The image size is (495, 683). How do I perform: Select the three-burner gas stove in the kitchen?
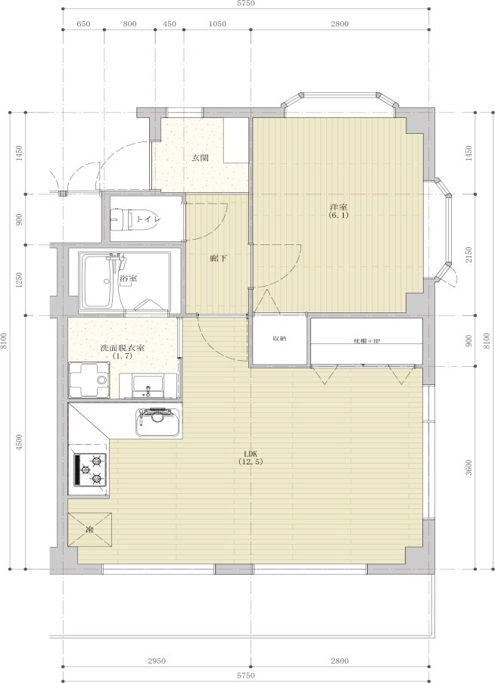click(91, 470)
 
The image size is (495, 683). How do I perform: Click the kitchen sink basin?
click(157, 421)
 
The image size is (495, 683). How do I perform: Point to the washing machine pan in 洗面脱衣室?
click(89, 380)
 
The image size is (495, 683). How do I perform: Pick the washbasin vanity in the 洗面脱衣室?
click(148, 386)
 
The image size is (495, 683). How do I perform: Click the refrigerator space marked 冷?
click(90, 529)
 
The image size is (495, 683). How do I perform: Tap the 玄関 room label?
click(201, 157)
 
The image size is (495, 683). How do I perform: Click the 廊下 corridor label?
click(218, 259)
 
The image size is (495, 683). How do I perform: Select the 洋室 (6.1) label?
click(338, 211)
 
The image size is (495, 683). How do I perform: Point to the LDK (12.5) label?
click(251, 458)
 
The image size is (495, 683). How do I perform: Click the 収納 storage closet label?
click(279, 338)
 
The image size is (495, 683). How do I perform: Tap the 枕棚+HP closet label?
click(366, 340)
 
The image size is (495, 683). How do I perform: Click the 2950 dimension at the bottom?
click(157, 661)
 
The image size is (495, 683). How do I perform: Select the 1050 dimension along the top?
click(217, 24)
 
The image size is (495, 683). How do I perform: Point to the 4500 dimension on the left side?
click(18, 442)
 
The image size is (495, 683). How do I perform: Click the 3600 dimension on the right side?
click(469, 467)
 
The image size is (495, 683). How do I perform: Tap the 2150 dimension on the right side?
click(469, 255)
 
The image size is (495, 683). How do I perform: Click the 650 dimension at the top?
click(83, 24)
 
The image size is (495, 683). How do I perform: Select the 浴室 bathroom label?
click(129, 278)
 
